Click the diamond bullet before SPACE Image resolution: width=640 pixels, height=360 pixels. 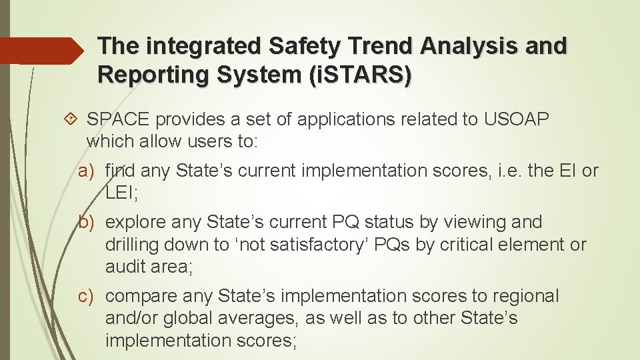tap(73, 119)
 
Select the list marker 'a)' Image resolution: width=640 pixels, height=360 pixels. tap(89, 171)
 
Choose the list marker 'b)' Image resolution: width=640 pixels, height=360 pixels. tap(89, 222)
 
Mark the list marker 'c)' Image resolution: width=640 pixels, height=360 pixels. tap(89, 296)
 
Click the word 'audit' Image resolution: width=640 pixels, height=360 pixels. tap(127, 267)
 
